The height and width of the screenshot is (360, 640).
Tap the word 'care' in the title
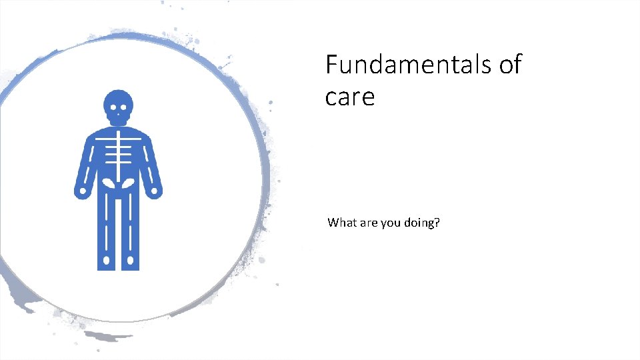point(350,97)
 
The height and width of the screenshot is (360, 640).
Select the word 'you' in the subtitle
point(391,223)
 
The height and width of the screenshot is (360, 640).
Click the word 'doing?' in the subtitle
point(422,223)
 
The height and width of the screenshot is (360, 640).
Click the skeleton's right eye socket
point(124,108)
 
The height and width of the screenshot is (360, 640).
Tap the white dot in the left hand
point(81,193)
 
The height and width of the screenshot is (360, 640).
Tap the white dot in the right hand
point(155,193)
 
